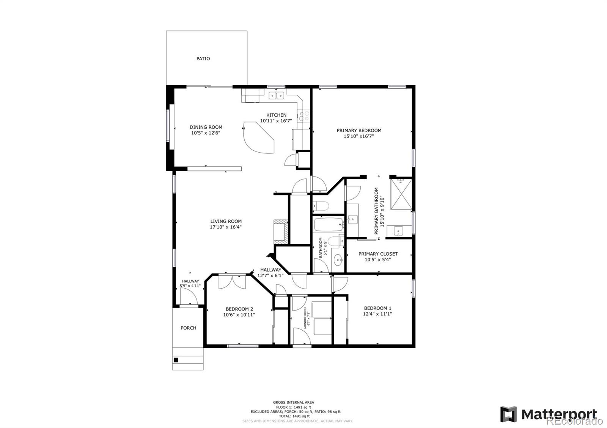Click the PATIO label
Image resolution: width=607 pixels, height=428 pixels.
coord(203,59)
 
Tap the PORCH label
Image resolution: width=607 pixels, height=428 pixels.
coord(188,328)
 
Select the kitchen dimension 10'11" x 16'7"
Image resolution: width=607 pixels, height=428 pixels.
coord(276,121)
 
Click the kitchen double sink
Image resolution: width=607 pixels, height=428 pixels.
coord(277,95)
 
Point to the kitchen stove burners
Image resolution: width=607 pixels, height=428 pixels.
coord(303,116)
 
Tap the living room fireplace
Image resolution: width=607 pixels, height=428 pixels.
coord(281,231)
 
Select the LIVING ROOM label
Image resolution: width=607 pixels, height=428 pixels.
coord(226,221)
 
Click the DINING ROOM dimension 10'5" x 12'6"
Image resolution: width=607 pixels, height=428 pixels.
coord(206,133)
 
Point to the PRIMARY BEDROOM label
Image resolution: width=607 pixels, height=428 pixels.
coord(359,130)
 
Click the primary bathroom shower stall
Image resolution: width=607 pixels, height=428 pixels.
coord(401,194)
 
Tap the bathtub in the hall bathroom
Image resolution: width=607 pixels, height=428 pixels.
coord(328,225)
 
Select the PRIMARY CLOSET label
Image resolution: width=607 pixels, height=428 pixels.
coord(378,254)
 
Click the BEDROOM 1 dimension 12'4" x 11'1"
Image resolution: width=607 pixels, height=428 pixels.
coord(377,314)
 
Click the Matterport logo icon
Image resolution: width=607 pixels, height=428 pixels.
coord(508,414)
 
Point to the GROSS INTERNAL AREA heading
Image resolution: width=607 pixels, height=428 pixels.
coord(293,402)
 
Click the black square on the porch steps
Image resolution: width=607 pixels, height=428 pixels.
coord(176,360)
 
